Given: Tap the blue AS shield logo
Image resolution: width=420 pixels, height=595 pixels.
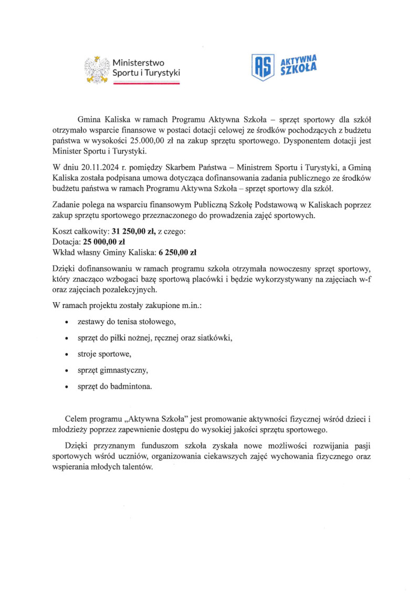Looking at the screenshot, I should point(262,67).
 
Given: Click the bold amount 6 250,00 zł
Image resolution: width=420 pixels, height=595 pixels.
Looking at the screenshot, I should point(177,251).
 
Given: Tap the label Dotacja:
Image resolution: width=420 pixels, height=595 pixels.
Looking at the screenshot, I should point(67,241).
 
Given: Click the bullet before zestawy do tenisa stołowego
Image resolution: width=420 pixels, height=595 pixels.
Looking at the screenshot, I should point(65,321).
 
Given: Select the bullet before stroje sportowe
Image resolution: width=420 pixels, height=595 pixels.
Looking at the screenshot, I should point(65,354).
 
